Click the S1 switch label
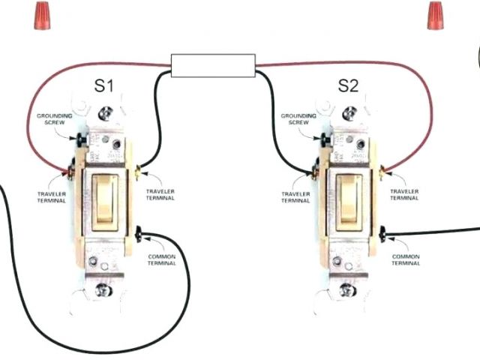(x=103, y=85)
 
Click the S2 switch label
(x=348, y=85)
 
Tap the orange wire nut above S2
(x=436, y=15)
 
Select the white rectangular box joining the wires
(x=214, y=66)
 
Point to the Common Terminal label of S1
(x=161, y=259)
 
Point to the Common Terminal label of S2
(x=406, y=259)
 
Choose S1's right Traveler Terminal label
(x=160, y=194)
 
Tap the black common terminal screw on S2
(x=384, y=235)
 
